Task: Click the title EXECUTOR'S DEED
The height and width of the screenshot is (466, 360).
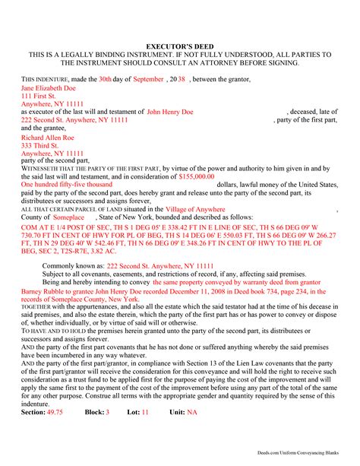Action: (179, 46)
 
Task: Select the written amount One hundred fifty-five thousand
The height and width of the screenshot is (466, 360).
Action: (71, 185)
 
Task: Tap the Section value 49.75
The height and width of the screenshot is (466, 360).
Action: (55, 433)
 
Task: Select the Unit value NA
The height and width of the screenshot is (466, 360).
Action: (193, 433)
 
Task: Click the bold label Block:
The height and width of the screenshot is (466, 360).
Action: (92, 433)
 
